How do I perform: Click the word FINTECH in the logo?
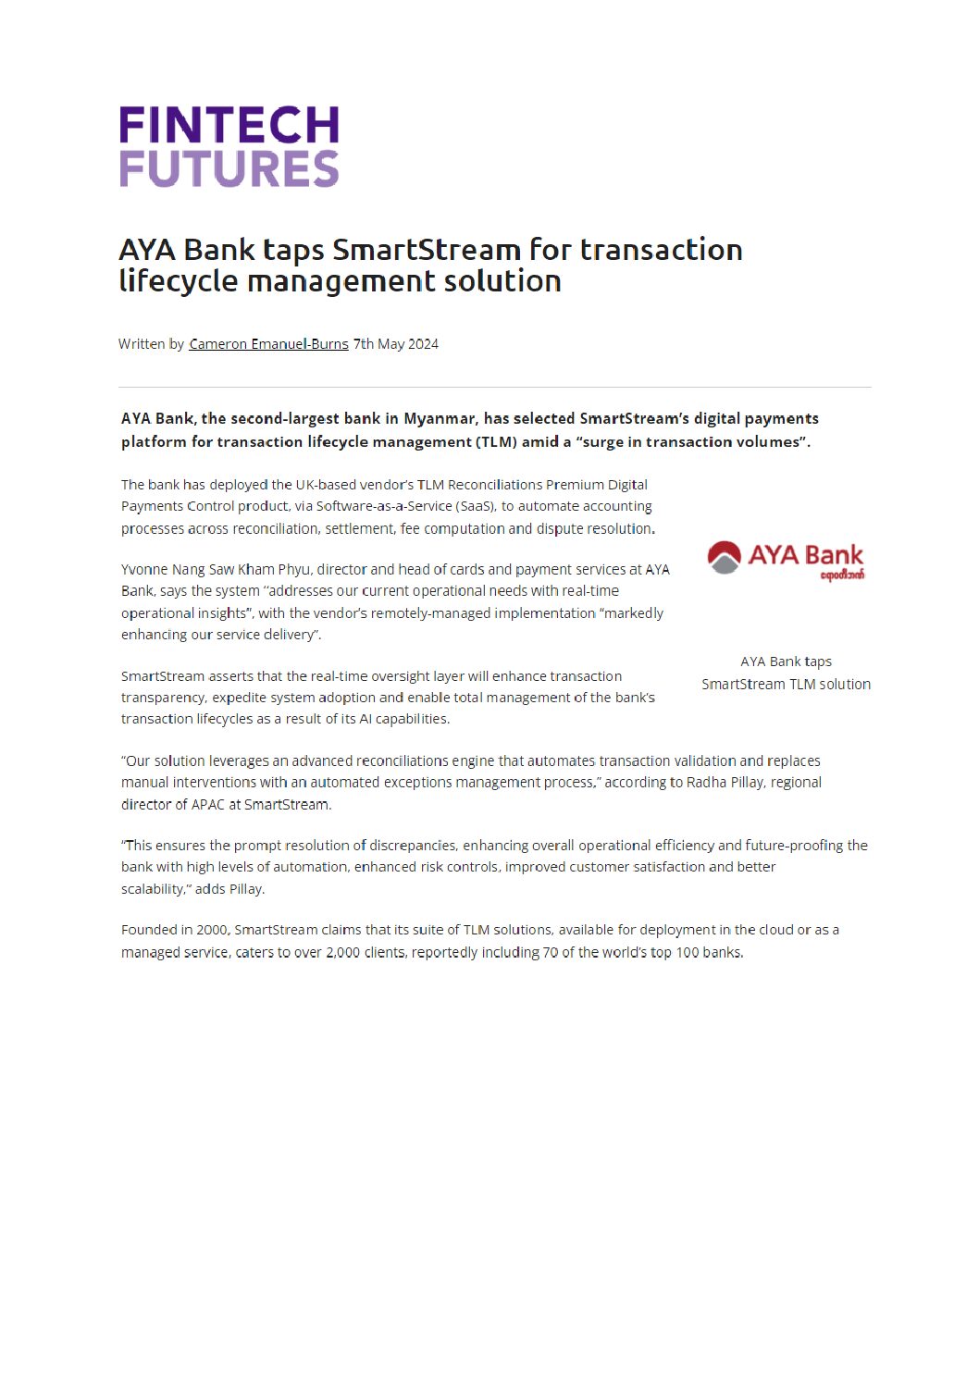pos(229,125)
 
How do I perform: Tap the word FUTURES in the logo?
pos(229,168)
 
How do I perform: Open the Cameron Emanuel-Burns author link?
pos(268,344)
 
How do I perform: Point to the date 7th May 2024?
pos(396,344)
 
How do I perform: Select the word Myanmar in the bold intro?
pos(439,418)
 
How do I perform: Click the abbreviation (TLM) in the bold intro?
pos(497,441)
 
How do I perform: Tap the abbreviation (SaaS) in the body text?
pos(476,506)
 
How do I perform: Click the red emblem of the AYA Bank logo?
pos(724,557)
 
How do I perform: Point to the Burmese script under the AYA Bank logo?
pos(842,575)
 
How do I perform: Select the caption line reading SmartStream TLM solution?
pos(786,684)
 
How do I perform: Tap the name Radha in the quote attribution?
pos(706,782)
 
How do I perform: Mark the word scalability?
pos(155,889)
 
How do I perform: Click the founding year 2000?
pos(212,930)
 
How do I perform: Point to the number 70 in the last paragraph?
pos(551,952)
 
